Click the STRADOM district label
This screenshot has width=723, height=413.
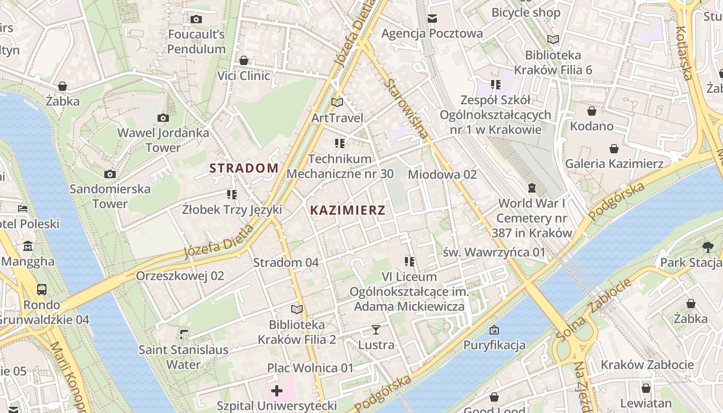[244, 168]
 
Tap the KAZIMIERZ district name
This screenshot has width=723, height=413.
[348, 210]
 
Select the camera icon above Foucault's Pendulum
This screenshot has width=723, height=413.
[196, 20]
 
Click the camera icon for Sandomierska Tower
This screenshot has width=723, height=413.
[110, 174]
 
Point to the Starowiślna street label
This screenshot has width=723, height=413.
[406, 109]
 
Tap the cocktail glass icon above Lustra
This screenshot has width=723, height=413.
[376, 329]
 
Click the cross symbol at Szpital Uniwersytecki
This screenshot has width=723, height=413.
[277, 390]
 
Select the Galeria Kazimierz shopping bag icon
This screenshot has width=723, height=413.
[614, 149]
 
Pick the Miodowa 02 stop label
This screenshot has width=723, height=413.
[442, 174]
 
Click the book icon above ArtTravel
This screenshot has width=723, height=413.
[337, 103]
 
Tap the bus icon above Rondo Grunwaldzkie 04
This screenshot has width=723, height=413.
[42, 290]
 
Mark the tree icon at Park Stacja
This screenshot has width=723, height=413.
[708, 247]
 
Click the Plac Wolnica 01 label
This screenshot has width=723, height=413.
[310, 368]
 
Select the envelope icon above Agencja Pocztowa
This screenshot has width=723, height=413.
[432, 19]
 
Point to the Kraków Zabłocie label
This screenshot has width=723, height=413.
[647, 365]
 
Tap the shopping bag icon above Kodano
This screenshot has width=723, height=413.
[592, 111]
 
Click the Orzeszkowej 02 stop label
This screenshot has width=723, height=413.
[180, 276]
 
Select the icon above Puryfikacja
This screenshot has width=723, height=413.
[494, 329]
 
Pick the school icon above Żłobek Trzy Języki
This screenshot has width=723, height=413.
[232, 195]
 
